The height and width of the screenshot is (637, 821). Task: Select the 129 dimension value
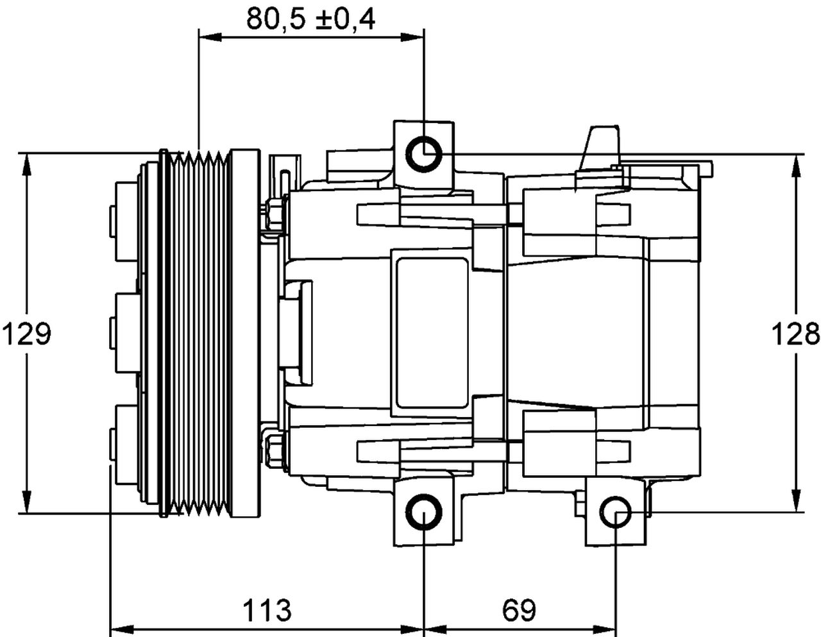click(26, 334)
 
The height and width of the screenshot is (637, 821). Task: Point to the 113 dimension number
click(267, 609)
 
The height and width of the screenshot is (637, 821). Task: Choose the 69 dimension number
click(520, 609)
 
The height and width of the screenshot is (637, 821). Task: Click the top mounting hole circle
click(424, 155)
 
